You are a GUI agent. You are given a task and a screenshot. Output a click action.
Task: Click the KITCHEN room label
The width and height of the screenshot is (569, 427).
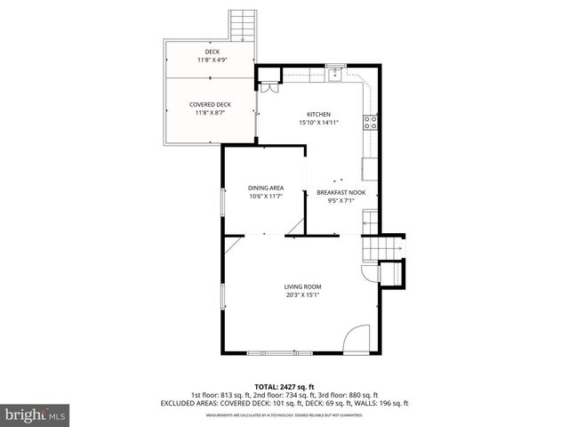[x=319, y=115]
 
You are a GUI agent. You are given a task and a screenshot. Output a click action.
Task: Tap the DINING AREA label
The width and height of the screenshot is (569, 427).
[x=265, y=188]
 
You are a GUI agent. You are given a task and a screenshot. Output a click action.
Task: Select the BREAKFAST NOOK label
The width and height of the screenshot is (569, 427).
[x=341, y=192]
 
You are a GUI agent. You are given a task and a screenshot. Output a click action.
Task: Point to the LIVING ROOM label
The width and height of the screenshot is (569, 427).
[x=302, y=286]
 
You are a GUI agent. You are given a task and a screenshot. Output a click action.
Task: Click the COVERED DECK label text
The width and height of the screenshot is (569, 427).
[x=210, y=105]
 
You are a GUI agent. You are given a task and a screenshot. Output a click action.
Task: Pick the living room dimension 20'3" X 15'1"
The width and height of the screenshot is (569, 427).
[x=302, y=295]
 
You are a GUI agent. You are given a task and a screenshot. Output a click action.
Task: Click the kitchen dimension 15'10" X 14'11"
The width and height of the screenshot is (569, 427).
[x=319, y=124]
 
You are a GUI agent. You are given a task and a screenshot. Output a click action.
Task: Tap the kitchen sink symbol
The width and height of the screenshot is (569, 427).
[x=335, y=74]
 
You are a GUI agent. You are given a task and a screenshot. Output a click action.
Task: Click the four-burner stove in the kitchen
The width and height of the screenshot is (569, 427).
[x=370, y=124]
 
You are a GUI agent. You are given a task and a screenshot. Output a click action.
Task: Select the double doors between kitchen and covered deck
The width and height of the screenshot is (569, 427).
[x=267, y=86]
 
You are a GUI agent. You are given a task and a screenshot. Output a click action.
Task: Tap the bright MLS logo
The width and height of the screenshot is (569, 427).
[x=35, y=415]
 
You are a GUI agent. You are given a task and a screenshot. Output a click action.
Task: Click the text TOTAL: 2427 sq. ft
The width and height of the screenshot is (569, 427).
[x=284, y=387]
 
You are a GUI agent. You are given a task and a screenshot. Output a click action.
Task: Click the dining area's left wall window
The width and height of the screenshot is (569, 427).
[x=222, y=203]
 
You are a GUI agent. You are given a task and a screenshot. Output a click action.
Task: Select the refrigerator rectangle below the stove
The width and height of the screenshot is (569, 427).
[x=370, y=167]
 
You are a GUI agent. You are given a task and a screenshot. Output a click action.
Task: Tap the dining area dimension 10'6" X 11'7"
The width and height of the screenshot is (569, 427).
[x=265, y=197]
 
